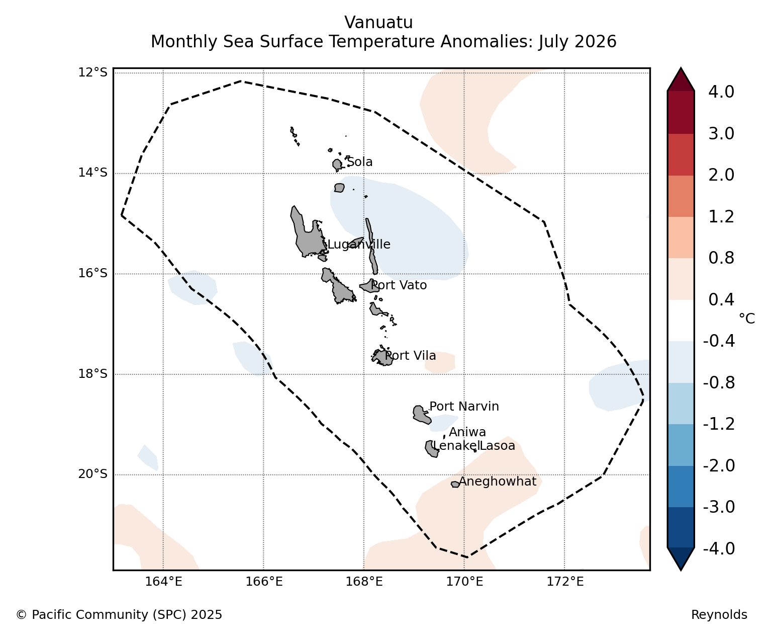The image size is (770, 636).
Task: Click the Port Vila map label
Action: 411,356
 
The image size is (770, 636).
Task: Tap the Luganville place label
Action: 359,245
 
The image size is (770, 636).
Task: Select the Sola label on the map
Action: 360,162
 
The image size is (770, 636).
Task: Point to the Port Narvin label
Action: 464,407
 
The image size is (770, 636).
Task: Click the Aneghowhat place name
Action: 498,482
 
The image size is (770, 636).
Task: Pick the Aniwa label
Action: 467,432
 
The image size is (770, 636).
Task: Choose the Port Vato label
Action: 399,285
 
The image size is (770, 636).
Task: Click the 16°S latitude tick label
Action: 92,273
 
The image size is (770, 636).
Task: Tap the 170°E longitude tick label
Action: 464,582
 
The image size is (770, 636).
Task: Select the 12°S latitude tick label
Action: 92,72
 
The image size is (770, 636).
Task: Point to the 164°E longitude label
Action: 163,582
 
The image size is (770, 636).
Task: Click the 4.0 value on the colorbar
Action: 721,92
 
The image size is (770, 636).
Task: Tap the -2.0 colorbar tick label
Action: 719,465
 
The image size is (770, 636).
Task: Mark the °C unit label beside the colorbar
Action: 747,319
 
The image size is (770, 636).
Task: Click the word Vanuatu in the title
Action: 379,23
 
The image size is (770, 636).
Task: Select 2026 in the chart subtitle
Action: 597,41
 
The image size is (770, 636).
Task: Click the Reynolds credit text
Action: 719,614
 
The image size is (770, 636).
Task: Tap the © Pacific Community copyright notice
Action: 119,614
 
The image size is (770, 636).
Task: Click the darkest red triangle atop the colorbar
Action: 681,80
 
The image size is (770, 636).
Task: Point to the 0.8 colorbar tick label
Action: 721,258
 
